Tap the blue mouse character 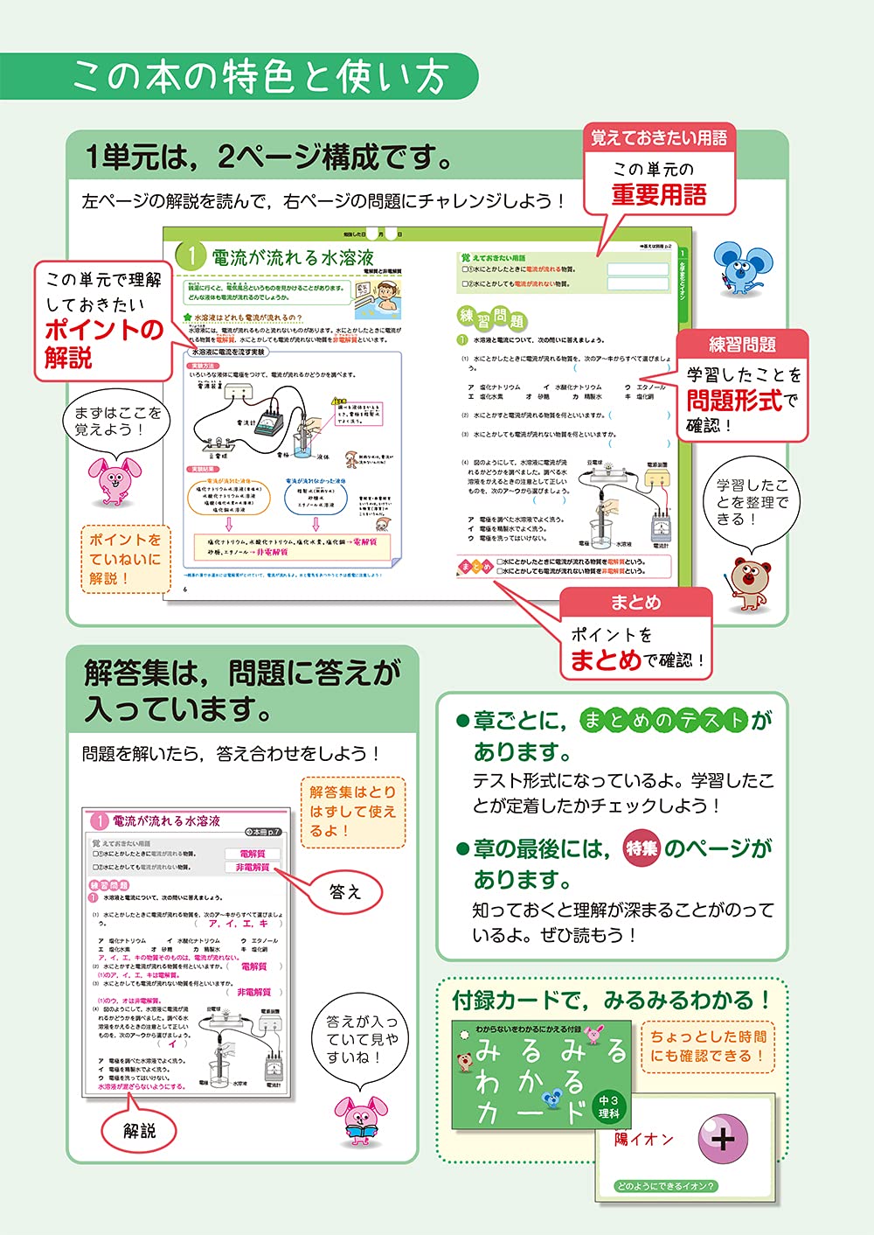(742, 268)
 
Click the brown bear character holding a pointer (749, 582)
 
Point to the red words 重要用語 (659, 194)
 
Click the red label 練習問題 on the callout (742, 345)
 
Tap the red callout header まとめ (635, 603)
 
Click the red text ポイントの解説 (103, 343)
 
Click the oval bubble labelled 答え (344, 891)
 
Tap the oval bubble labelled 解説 (139, 1131)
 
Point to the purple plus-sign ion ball (723, 1139)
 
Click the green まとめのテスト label (663, 720)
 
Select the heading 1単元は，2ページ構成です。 (269, 157)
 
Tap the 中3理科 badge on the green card (608, 1106)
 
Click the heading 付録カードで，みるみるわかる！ (611, 1000)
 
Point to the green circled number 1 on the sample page (191, 256)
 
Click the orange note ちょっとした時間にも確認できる (708, 1046)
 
